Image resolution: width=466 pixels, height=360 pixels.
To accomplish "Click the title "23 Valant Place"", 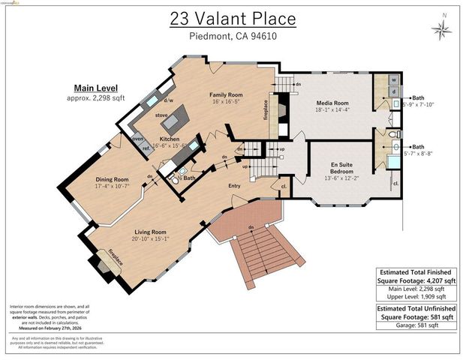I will click(233, 18).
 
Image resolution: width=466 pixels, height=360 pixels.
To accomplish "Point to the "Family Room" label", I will click(226, 95).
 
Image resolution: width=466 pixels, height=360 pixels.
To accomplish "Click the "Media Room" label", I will click(331, 102).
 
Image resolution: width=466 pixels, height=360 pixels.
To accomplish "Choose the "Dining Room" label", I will click(112, 179).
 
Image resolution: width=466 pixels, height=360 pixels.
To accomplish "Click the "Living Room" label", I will click(150, 232).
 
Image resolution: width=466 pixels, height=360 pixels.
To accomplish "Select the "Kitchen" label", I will click(169, 139).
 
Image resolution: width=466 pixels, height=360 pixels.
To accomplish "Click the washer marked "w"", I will click(394, 80).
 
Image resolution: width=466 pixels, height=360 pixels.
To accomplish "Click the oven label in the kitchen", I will click(138, 139).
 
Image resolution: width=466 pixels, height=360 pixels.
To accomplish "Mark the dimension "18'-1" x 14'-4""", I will click(331, 110).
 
